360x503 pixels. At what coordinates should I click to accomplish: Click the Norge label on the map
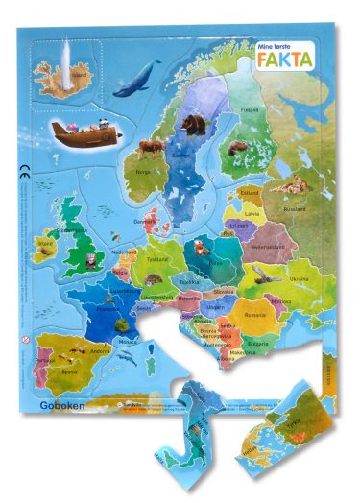(x=143, y=173)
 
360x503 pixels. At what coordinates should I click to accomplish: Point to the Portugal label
(x=42, y=362)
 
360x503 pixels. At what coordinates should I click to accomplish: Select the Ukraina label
(x=300, y=278)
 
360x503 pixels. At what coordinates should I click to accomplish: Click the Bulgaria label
(x=257, y=342)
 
